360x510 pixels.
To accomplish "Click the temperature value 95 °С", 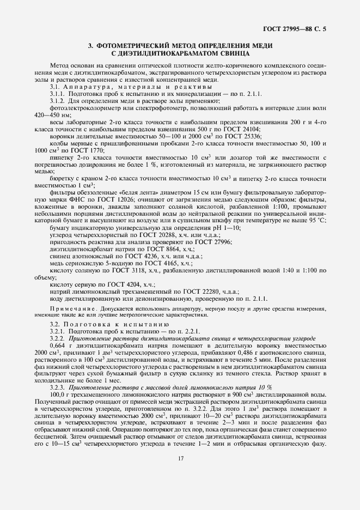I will (x=315, y=220).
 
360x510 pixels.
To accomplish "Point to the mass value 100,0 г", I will (x=64, y=394).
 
